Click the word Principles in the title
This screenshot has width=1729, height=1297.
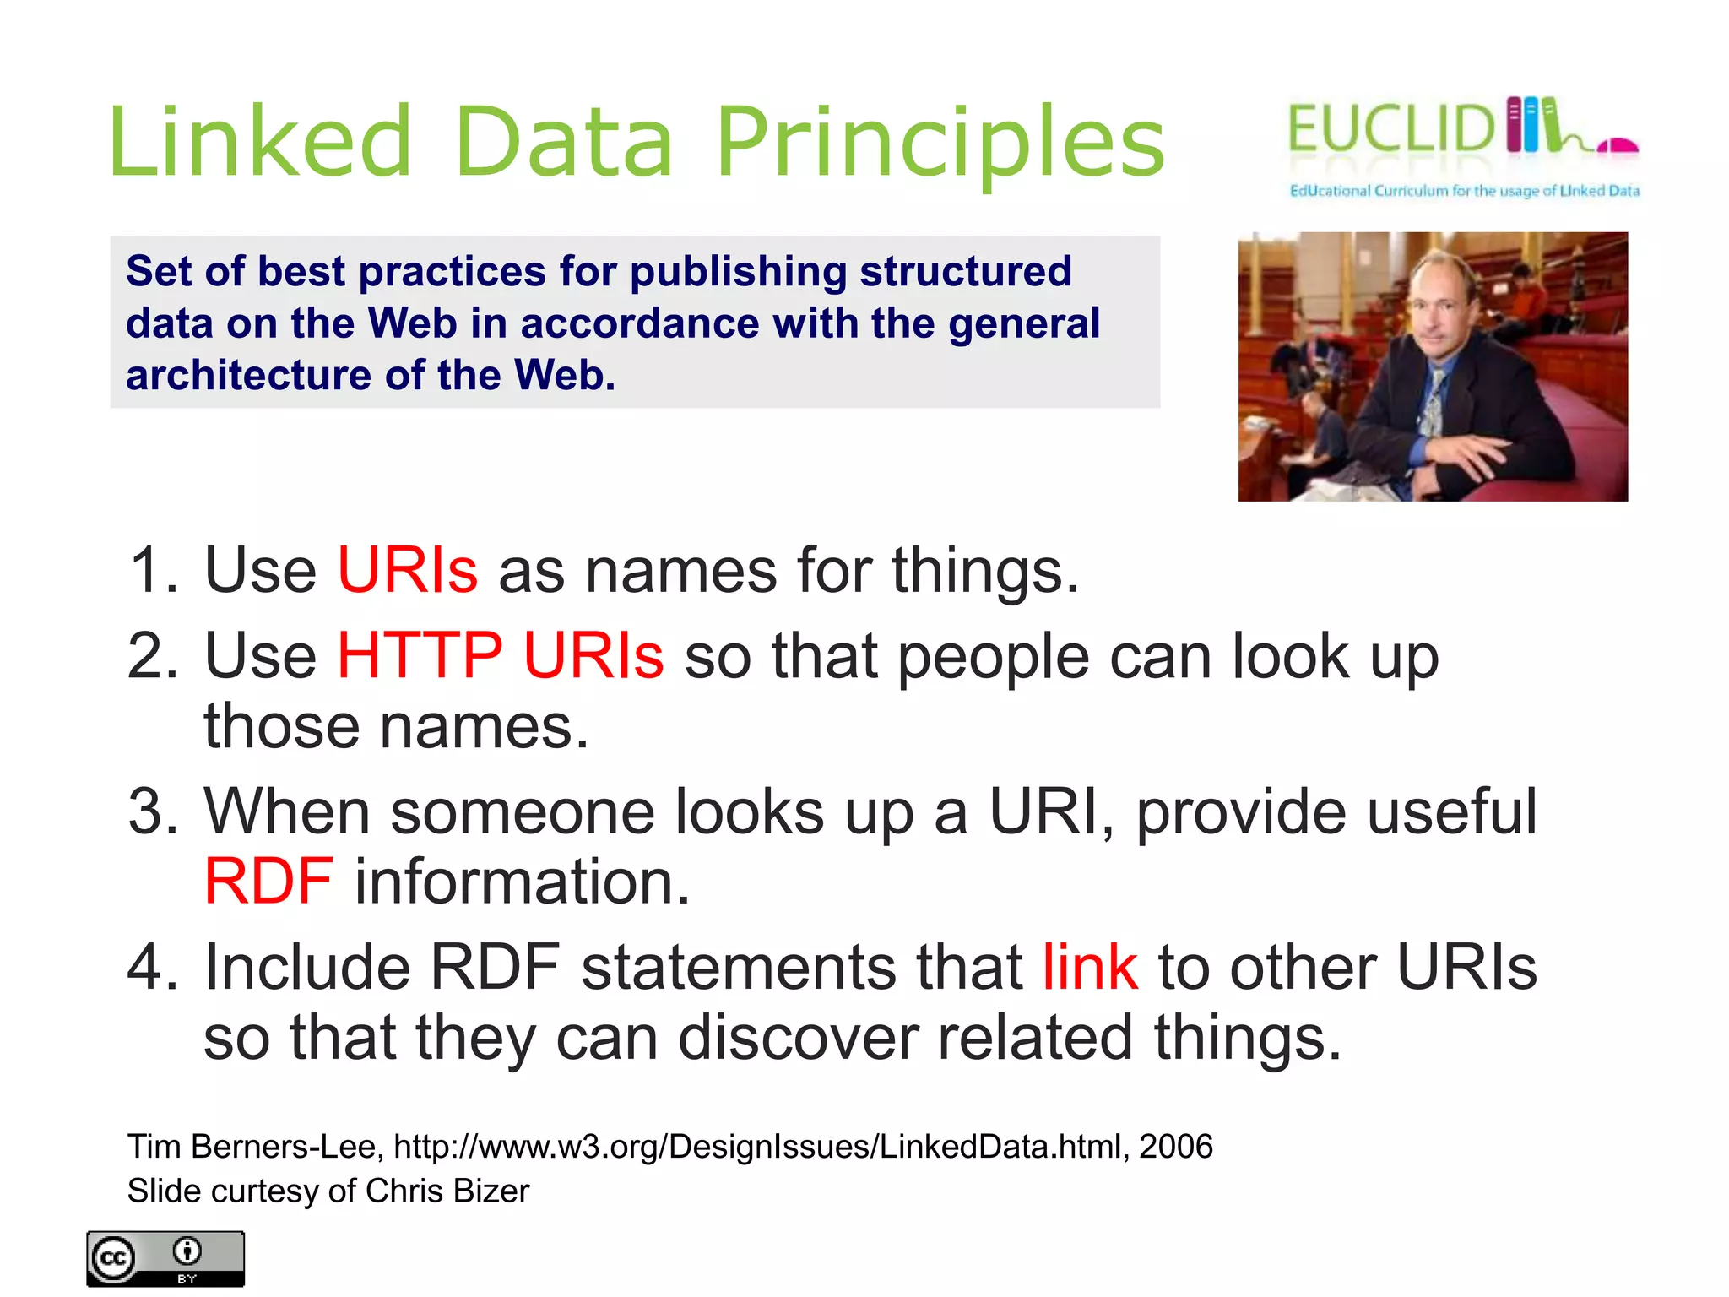(940, 144)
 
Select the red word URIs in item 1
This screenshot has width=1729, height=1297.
(407, 570)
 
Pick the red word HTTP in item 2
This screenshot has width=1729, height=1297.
(420, 655)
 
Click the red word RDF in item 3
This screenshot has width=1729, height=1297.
(268, 882)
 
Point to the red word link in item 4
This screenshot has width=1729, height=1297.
(1089, 967)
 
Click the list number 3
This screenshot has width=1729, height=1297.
(152, 812)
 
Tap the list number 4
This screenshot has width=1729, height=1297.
(152, 967)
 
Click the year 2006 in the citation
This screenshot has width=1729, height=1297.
(1175, 1147)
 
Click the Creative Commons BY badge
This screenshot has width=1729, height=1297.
(165, 1259)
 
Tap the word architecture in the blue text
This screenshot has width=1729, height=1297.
(248, 375)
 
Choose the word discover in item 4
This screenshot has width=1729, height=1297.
(798, 1038)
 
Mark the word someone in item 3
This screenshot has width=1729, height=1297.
(523, 812)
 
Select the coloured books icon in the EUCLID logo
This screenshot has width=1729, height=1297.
(1531, 125)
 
